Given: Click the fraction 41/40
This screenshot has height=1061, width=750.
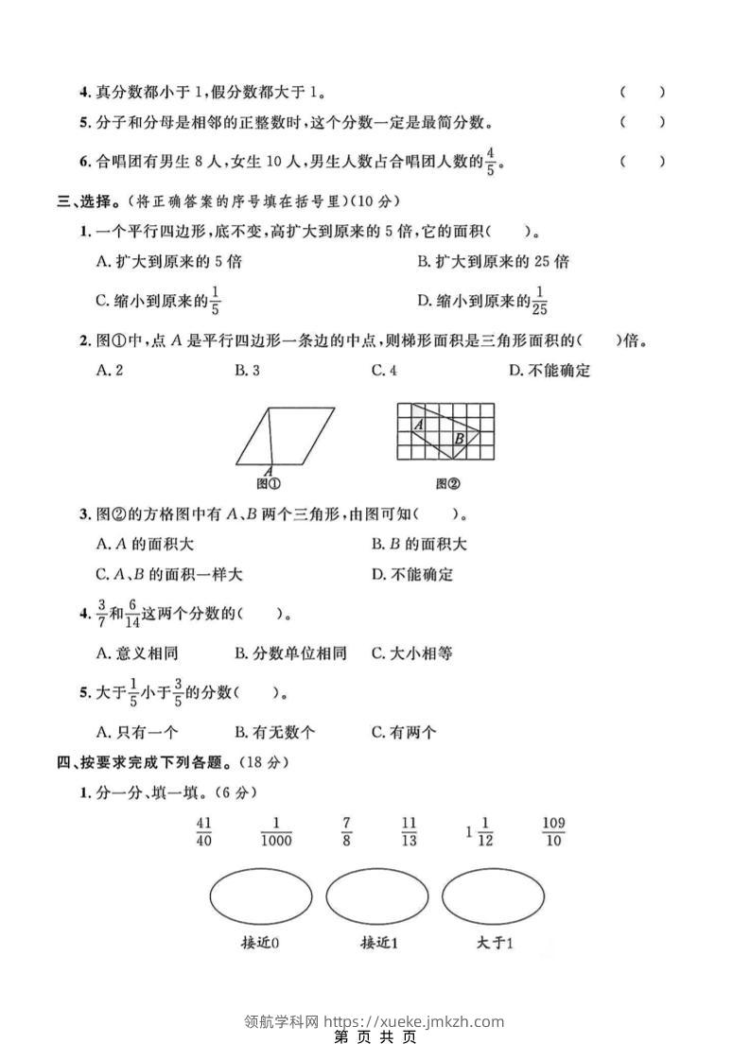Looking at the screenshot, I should pyautogui.click(x=203, y=831).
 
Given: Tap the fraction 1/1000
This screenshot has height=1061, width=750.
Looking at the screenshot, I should pyautogui.click(x=276, y=831).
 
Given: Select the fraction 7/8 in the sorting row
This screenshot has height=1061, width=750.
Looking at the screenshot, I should pyautogui.click(x=347, y=831).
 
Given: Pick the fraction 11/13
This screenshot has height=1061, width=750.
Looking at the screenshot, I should pyautogui.click(x=409, y=831).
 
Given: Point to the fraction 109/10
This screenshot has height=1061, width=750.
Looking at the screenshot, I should pyautogui.click(x=553, y=831).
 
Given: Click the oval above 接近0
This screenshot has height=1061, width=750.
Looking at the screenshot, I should pyautogui.click(x=260, y=896).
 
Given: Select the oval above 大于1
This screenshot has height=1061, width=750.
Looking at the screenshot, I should pyautogui.click(x=494, y=896).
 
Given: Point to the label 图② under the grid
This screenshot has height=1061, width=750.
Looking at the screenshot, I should pyautogui.click(x=447, y=484).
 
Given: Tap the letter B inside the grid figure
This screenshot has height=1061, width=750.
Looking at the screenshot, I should pyautogui.click(x=459, y=439).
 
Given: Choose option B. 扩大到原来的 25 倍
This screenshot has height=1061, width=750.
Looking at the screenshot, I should pyautogui.click(x=492, y=262).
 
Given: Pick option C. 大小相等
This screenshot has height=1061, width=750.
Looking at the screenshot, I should pyautogui.click(x=411, y=653).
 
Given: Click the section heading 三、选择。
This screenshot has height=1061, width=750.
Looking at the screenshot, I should pyautogui.click(x=91, y=201).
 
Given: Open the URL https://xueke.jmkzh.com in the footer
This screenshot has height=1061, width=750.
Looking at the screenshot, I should pyautogui.click(x=414, y=1021).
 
